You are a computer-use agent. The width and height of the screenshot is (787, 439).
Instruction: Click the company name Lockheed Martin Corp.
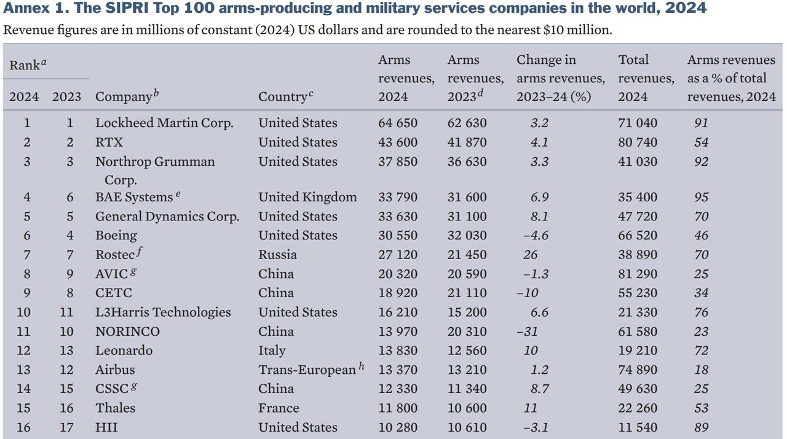click(164, 123)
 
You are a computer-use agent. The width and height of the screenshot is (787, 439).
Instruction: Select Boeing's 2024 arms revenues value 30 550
click(397, 235)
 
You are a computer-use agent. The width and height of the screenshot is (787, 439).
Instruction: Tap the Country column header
click(285, 96)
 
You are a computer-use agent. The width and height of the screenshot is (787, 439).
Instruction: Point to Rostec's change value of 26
click(530, 254)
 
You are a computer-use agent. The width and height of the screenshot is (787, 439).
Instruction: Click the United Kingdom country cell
click(307, 197)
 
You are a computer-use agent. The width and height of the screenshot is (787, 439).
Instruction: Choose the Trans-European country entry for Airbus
click(307, 370)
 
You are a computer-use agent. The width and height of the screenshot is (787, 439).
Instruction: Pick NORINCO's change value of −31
click(527, 331)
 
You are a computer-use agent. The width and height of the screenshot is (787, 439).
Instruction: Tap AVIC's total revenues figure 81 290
click(637, 274)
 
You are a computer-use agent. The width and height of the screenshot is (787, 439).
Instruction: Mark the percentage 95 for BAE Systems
click(701, 197)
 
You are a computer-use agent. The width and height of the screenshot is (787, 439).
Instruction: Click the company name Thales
click(115, 408)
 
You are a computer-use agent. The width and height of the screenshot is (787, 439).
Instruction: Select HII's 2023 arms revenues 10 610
click(467, 427)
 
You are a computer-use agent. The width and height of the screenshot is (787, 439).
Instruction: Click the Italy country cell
click(272, 350)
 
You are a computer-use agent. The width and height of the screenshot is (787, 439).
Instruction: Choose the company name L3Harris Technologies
click(163, 312)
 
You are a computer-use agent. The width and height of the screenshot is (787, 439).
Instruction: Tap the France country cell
click(279, 408)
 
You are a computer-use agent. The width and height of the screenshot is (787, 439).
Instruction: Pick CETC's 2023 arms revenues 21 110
click(467, 293)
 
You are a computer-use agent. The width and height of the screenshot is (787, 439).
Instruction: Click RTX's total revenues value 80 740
click(637, 142)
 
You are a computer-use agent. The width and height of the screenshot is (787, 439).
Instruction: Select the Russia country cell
click(277, 254)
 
